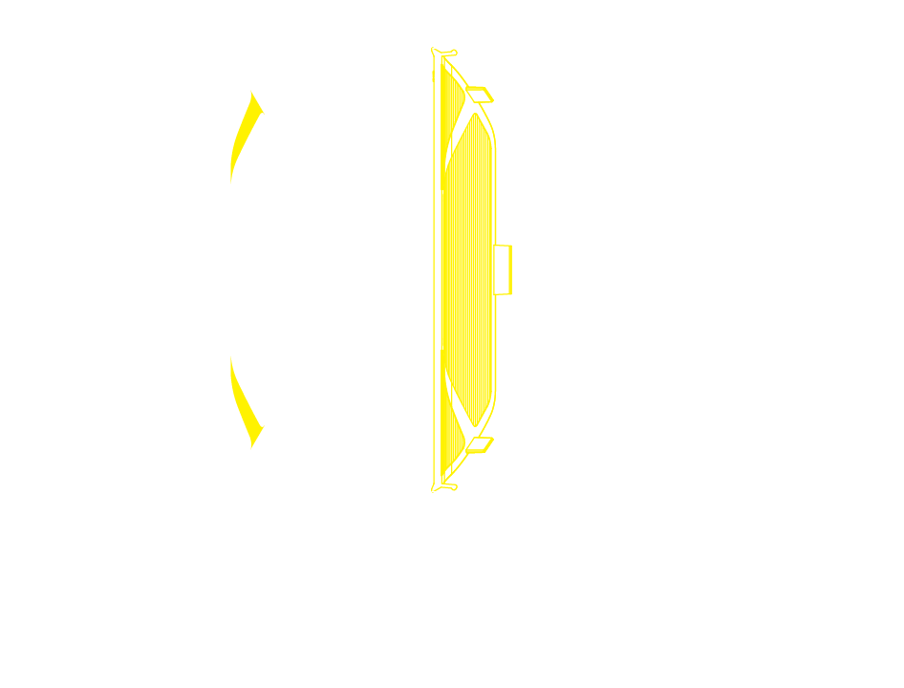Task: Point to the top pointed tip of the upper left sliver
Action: point(252,93)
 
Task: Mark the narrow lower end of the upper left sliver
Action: point(231,178)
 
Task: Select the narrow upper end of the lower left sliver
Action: point(231,360)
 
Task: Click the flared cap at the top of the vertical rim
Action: point(443,52)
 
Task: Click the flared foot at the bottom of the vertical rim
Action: point(443,487)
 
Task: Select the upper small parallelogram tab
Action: point(480,94)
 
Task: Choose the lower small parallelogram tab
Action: point(480,444)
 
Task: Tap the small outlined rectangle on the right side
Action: point(503,269)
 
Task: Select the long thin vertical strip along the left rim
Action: point(437,269)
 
